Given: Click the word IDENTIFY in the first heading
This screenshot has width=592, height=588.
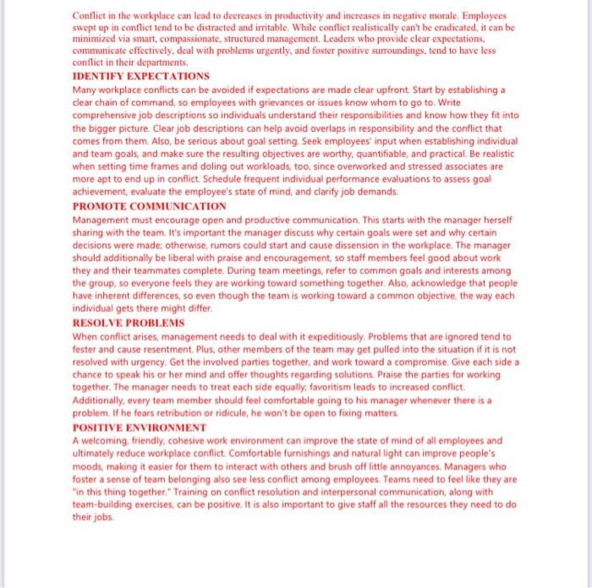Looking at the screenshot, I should click(100, 76).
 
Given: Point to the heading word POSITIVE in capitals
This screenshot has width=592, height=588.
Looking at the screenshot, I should click(100, 427).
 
